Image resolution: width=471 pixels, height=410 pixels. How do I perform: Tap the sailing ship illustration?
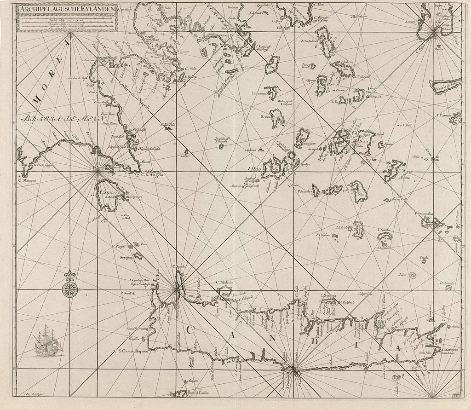tap(48, 341)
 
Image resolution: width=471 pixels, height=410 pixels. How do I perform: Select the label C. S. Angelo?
tap(152, 174)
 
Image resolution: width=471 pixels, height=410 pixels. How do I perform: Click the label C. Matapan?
tap(28, 180)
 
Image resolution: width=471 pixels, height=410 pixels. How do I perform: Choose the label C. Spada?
tap(178, 266)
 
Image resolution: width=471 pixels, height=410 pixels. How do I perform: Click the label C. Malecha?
tap(225, 282)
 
